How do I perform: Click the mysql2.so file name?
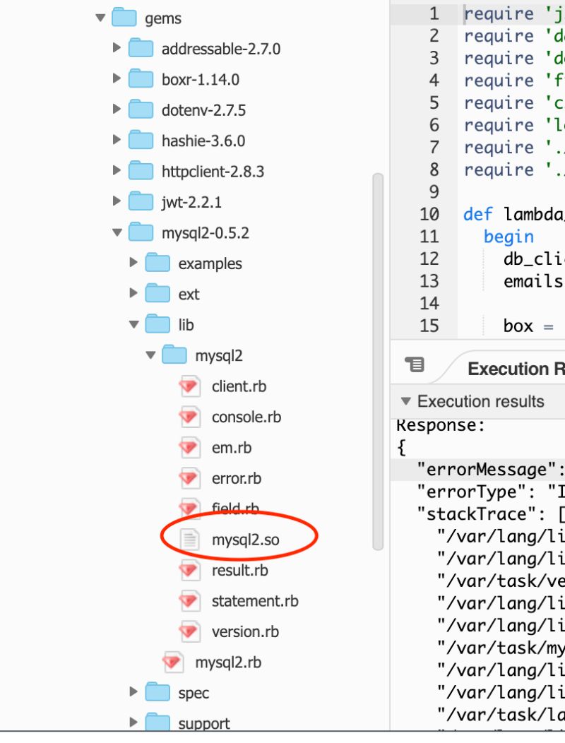(x=245, y=540)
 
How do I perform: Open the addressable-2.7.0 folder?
(x=220, y=49)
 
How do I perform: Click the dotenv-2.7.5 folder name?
(x=203, y=110)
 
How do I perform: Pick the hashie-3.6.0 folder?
(x=203, y=141)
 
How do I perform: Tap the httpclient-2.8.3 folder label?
(x=213, y=171)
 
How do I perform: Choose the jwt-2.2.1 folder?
(x=191, y=202)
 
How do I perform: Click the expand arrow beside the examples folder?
(x=134, y=263)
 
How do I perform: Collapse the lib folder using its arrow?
(x=134, y=325)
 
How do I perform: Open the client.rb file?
(x=239, y=386)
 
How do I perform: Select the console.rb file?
(x=246, y=417)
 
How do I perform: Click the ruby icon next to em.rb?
(x=189, y=448)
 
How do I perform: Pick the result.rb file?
(x=239, y=570)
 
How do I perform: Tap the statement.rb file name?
(x=254, y=601)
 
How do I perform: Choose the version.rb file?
(x=244, y=631)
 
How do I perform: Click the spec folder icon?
(x=157, y=693)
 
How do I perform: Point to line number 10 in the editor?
(x=429, y=213)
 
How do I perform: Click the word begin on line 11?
(x=509, y=236)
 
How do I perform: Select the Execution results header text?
(x=480, y=401)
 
